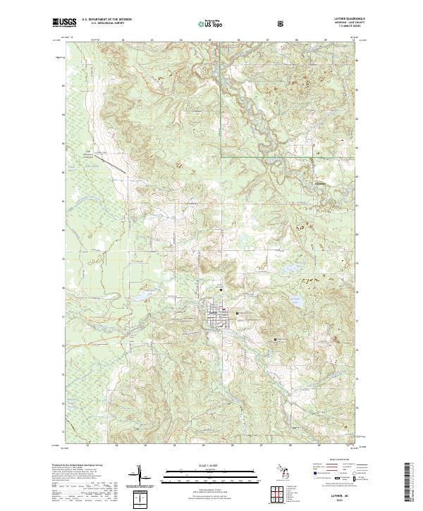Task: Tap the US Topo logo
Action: pyautogui.click(x=212, y=23)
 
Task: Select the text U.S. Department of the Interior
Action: pyautogui.click(x=106, y=20)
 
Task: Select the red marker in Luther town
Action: pyautogui.click(x=224, y=308)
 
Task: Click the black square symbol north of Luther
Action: pyautogui.click(x=221, y=290)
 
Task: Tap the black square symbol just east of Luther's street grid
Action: pyautogui.click(x=237, y=313)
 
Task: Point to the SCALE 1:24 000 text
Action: pyautogui.click(x=211, y=465)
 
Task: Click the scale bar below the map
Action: pyautogui.click(x=211, y=476)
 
